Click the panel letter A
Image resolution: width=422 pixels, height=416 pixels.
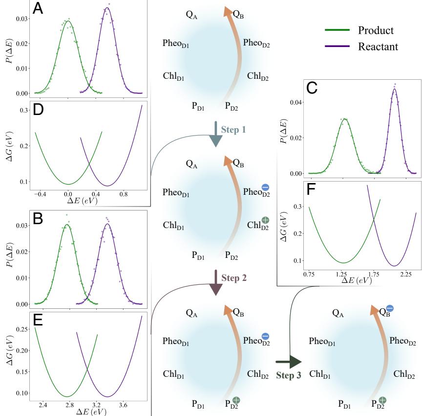click(x=38, y=9)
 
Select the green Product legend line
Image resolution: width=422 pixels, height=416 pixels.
click(x=337, y=30)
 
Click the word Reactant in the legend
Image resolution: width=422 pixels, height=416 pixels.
click(x=378, y=46)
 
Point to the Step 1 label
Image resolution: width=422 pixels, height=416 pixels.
click(x=237, y=130)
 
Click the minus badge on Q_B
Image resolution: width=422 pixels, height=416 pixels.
click(x=390, y=308)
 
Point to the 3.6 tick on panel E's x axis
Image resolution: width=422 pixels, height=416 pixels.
click(x=123, y=405)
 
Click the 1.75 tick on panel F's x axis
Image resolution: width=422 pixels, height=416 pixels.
click(x=374, y=275)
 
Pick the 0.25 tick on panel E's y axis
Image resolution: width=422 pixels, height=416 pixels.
click(x=21, y=329)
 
